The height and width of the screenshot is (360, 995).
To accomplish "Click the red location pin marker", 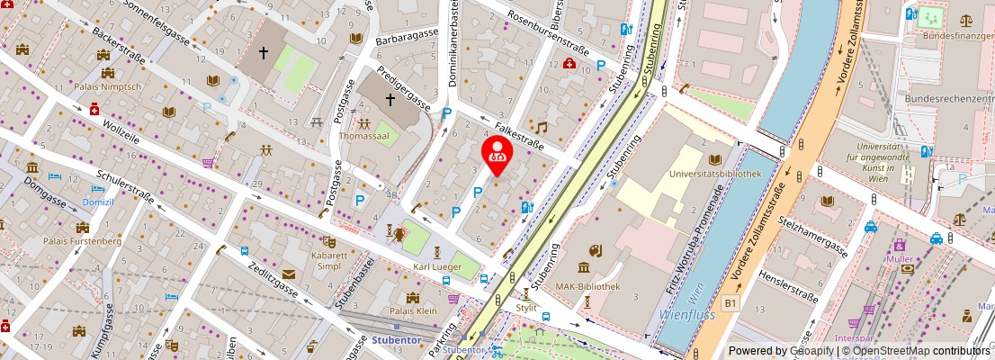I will click(x=497, y=154).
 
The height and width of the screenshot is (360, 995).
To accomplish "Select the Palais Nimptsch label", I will click(x=108, y=86).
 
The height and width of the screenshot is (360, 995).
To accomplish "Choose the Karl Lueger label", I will click(x=436, y=268).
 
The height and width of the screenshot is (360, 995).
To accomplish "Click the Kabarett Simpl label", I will click(x=330, y=262).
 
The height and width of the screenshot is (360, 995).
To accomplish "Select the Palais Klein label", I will click(x=413, y=311).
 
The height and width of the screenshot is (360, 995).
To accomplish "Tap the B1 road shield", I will click(x=731, y=304).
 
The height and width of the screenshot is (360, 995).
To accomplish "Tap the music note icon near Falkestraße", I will click(x=541, y=127).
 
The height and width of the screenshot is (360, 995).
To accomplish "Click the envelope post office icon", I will click(x=289, y=274).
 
